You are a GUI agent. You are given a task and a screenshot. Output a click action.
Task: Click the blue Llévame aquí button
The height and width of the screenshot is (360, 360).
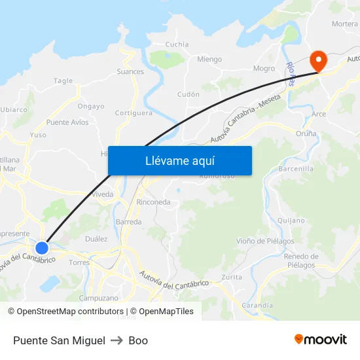[179, 160]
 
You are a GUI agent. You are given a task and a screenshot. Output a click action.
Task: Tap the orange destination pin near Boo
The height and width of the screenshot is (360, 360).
[319, 61]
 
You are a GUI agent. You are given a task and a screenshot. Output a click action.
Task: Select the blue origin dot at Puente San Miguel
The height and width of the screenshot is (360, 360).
[42, 248]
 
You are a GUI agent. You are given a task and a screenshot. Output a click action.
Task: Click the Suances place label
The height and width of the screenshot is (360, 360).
[130, 71]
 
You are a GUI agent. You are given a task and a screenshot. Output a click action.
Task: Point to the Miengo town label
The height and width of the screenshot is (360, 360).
[209, 60]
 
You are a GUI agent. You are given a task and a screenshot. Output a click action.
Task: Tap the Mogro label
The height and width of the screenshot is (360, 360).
[264, 68]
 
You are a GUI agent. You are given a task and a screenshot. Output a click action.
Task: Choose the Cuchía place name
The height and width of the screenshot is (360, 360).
[177, 45]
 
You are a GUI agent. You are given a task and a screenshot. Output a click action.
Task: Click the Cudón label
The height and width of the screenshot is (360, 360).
[189, 94]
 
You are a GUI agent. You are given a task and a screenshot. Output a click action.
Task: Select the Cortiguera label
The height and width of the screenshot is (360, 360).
[134, 113]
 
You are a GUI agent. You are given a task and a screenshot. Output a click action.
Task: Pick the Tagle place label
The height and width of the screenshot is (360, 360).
[63, 81]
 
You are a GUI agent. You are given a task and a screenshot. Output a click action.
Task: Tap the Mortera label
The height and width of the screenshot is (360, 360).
[345, 24]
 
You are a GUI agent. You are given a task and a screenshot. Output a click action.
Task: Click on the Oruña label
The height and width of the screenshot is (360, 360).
[306, 134]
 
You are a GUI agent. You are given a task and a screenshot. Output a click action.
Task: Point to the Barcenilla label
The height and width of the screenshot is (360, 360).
[296, 168]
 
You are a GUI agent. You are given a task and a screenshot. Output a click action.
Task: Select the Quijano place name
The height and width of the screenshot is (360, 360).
[291, 221]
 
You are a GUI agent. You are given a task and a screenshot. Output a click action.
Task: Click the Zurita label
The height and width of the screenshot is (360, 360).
[232, 277]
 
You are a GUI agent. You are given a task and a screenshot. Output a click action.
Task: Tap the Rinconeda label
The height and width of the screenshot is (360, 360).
[153, 202]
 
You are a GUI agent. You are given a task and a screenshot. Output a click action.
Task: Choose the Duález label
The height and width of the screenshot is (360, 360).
[96, 239]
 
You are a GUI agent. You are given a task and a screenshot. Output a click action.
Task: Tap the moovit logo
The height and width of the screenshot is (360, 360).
[321, 340]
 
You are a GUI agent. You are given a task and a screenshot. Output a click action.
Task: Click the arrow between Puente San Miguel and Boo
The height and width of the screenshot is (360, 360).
[117, 340]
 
